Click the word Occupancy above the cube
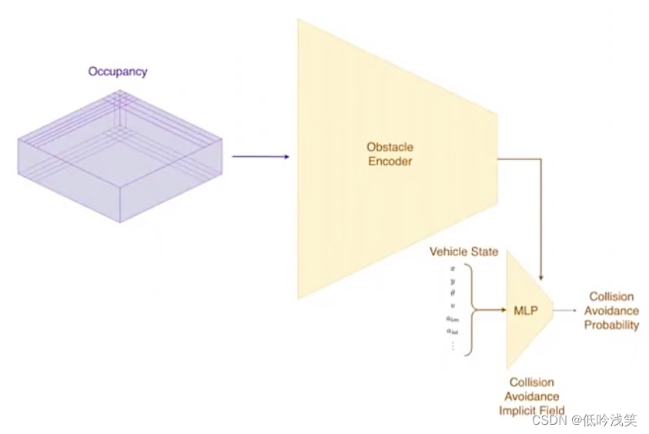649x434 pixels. click(118, 72)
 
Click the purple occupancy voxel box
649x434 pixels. click(119, 158)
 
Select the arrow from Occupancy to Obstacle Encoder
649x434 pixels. click(260, 157)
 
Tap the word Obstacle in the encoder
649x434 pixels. click(390, 147)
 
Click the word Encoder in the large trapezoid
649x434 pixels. click(390, 161)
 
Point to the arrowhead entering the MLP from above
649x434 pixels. click(542, 276)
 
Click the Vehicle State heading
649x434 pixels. click(463, 252)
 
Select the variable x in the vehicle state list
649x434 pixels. click(453, 268)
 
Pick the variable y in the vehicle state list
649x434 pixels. click(453, 281)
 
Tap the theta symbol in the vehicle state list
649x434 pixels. click(453, 293)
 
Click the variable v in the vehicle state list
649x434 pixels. click(453, 305)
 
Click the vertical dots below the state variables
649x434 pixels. click(453, 346)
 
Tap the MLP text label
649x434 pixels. click(525, 311)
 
